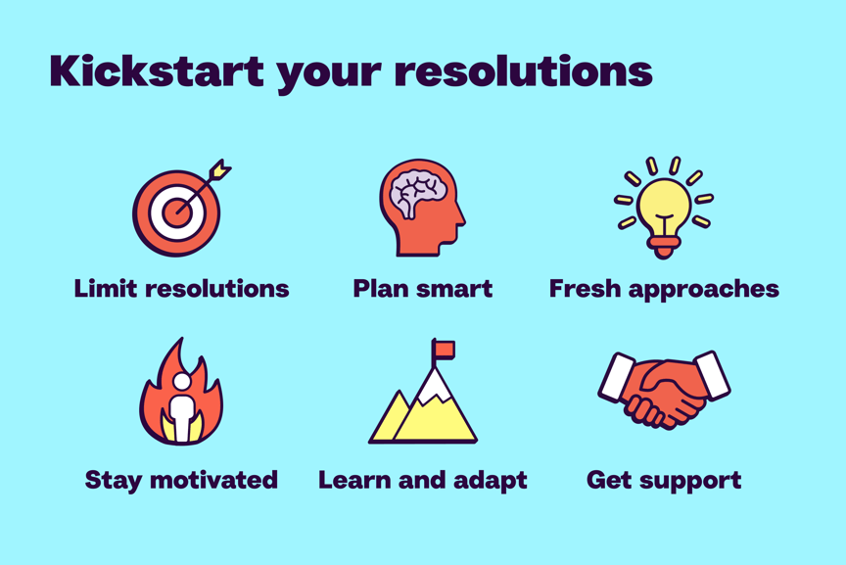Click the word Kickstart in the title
pos(156,71)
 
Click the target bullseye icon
pos(176,212)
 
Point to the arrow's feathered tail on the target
pos(220,169)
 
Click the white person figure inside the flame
pos(181,411)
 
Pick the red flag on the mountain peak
pos(445,350)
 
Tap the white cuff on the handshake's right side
pos(711,375)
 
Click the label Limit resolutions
pos(181,289)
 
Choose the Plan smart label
pos(422,289)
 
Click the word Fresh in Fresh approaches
pos(582,289)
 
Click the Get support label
pos(663,481)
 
